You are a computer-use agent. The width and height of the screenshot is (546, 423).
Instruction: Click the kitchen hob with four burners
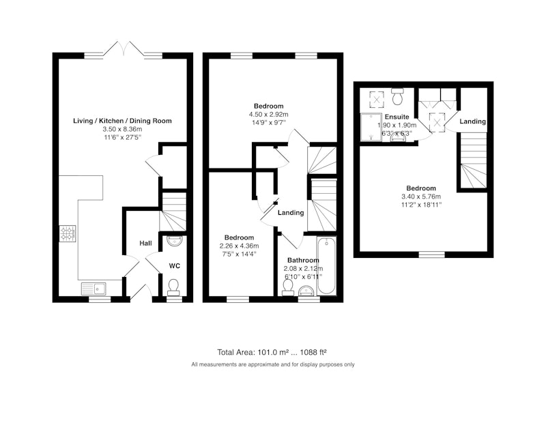click(68, 233)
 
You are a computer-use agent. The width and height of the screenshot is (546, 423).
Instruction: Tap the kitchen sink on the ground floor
click(94, 289)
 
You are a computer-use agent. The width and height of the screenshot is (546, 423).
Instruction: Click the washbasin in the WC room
click(173, 241)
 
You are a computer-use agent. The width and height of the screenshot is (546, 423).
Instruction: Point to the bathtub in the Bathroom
click(326, 266)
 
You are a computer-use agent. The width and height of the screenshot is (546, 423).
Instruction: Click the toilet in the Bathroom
click(287, 287)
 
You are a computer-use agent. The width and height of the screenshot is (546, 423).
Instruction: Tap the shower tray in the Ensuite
click(371, 127)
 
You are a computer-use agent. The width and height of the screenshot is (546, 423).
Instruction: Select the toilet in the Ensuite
click(397, 96)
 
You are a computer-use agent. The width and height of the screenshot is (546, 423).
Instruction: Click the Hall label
click(145, 243)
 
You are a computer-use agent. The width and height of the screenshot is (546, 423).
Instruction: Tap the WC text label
click(175, 266)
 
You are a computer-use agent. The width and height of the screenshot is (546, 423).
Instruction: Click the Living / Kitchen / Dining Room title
click(122, 121)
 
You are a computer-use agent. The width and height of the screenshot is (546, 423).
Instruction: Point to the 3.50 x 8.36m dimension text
click(122, 129)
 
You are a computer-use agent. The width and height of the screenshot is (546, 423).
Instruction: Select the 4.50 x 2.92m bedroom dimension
click(268, 114)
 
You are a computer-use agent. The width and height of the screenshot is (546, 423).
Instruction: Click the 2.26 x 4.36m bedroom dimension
click(239, 246)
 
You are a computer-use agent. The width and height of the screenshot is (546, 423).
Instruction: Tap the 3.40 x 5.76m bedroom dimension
click(421, 196)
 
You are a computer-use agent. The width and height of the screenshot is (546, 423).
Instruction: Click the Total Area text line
click(272, 352)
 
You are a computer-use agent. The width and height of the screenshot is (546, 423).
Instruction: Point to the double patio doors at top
click(124, 48)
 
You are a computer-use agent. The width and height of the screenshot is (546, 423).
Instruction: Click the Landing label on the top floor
click(472, 121)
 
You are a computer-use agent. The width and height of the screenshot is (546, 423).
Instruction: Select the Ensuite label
click(397, 117)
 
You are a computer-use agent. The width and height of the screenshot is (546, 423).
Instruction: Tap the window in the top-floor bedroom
click(432, 254)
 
